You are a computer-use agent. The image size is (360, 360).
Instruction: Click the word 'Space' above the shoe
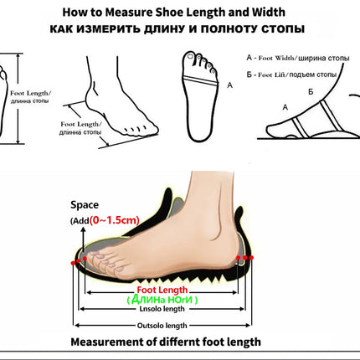coord(84,203)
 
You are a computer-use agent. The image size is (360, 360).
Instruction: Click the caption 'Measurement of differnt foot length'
coord(165,342)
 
